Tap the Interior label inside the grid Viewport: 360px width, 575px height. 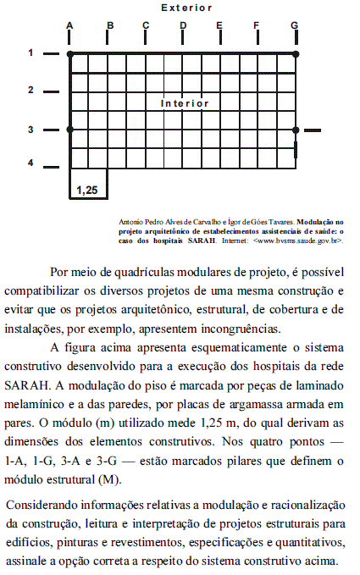(x=185, y=103)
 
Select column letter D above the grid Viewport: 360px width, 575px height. (x=183, y=25)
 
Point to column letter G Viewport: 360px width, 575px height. (x=294, y=25)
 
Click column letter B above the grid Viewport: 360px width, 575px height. (x=110, y=25)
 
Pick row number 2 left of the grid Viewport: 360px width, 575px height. (x=30, y=90)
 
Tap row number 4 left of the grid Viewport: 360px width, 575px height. (x=30, y=162)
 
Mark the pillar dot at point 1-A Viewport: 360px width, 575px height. (x=69, y=53)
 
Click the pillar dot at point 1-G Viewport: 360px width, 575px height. (x=295, y=53)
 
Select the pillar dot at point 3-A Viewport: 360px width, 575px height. (x=69, y=130)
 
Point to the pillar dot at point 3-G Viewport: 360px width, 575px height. (x=295, y=130)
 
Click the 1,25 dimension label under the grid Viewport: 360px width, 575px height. (x=86, y=190)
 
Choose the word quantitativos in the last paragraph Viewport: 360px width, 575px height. (x=295, y=542)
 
